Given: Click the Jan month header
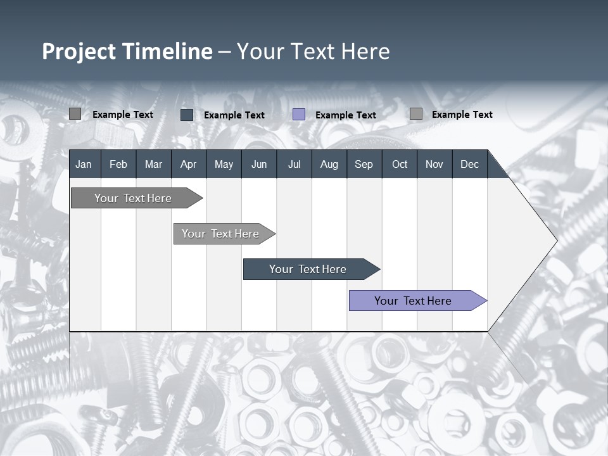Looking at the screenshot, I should (84, 164).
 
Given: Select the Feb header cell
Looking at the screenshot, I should (118, 164).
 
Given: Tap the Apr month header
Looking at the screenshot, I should (188, 164).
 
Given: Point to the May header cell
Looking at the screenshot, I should (224, 164).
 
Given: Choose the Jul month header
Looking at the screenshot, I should (294, 164).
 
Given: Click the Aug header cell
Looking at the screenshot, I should (329, 164).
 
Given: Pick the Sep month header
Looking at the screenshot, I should (364, 164).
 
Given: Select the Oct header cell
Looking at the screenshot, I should (400, 164).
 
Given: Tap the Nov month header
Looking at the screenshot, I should (434, 164).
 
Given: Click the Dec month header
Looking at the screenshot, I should (469, 164).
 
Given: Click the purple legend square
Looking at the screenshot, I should (299, 115).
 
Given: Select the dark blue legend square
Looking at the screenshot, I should (187, 115).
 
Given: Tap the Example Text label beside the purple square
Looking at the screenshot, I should (345, 115).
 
